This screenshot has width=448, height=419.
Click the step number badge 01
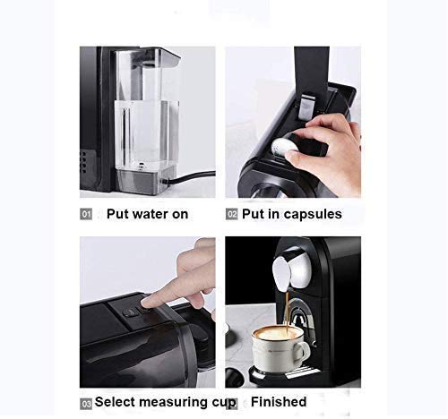pyautogui.click(x=87, y=215)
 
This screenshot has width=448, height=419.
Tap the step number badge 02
pyautogui.click(x=232, y=215)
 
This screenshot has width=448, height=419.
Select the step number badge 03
pyautogui.click(x=86, y=404)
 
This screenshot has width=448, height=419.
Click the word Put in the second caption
pyautogui.click(x=257, y=214)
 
